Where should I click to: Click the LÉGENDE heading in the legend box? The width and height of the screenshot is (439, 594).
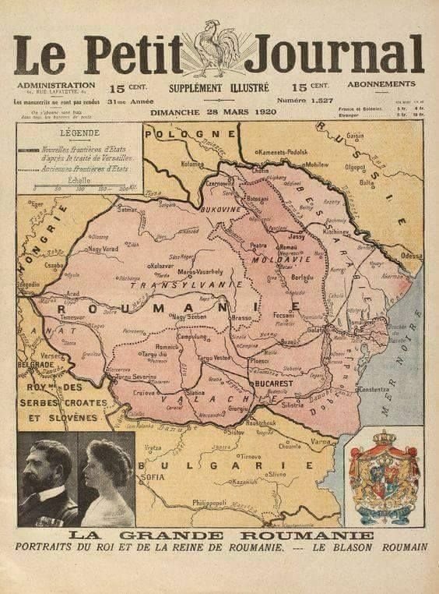tap(79, 133)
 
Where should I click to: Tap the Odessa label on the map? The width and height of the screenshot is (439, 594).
tap(412, 256)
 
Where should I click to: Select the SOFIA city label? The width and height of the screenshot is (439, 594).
tap(152, 477)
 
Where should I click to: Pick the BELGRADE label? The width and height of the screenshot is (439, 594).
tap(35, 364)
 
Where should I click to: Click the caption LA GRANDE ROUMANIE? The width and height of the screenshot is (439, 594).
tap(221, 536)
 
